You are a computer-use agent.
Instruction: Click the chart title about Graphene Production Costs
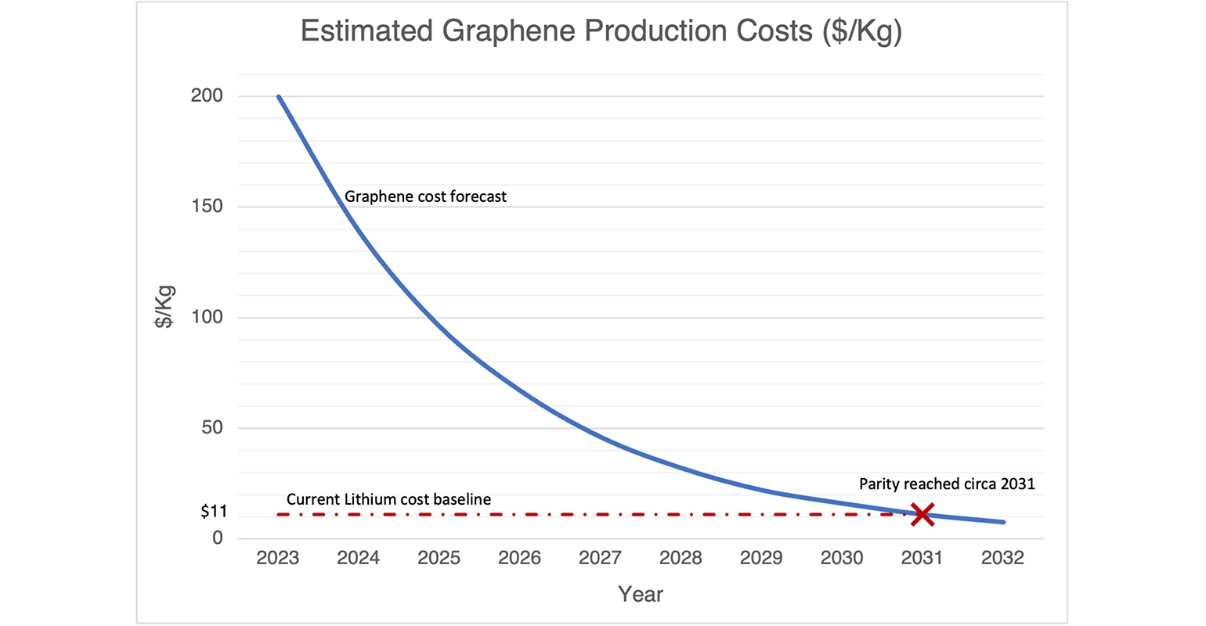pyautogui.click(x=601, y=31)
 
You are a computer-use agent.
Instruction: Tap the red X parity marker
pyautogui.click(x=923, y=514)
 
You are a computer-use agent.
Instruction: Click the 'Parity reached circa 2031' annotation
pyautogui.click(x=947, y=484)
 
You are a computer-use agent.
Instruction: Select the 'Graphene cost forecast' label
pyautogui.click(x=425, y=196)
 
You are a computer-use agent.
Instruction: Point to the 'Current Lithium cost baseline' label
pyautogui.click(x=388, y=499)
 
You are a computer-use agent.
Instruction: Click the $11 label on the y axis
pyautogui.click(x=214, y=512)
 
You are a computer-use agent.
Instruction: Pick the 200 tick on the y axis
pyautogui.click(x=207, y=96)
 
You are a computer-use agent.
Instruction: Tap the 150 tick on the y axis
pyautogui.click(x=207, y=207)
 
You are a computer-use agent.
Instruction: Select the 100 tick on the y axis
pyautogui.click(x=207, y=317)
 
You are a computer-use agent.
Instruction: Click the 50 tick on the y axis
pyautogui.click(x=211, y=427)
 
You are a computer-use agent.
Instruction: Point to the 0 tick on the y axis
pyautogui.click(x=218, y=538)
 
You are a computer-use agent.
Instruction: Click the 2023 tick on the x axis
pyautogui.click(x=278, y=558)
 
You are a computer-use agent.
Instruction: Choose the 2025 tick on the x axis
pyautogui.click(x=439, y=558)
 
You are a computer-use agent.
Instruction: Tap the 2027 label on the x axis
pyautogui.click(x=600, y=558)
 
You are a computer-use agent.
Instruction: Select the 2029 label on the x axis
pyautogui.click(x=761, y=558)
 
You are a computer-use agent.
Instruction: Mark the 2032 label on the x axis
pyautogui.click(x=1002, y=558)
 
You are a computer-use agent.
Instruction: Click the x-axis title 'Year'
pyautogui.click(x=641, y=595)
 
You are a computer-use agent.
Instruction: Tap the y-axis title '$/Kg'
pyautogui.click(x=164, y=307)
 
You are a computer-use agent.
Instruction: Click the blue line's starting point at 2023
pyautogui.click(x=279, y=96)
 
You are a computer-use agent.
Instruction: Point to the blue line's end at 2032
pyautogui.click(x=1003, y=522)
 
